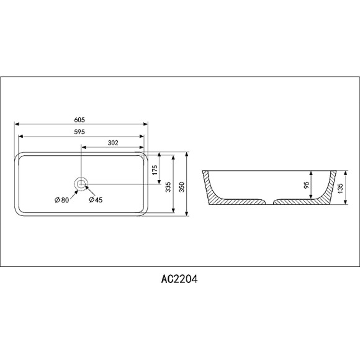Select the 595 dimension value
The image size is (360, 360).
click(x=79, y=132)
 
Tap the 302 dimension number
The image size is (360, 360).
click(x=113, y=143)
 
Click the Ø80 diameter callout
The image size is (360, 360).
click(x=61, y=200)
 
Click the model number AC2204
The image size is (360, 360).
click(x=179, y=279)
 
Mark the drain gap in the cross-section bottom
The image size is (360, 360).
click(x=268, y=202)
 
